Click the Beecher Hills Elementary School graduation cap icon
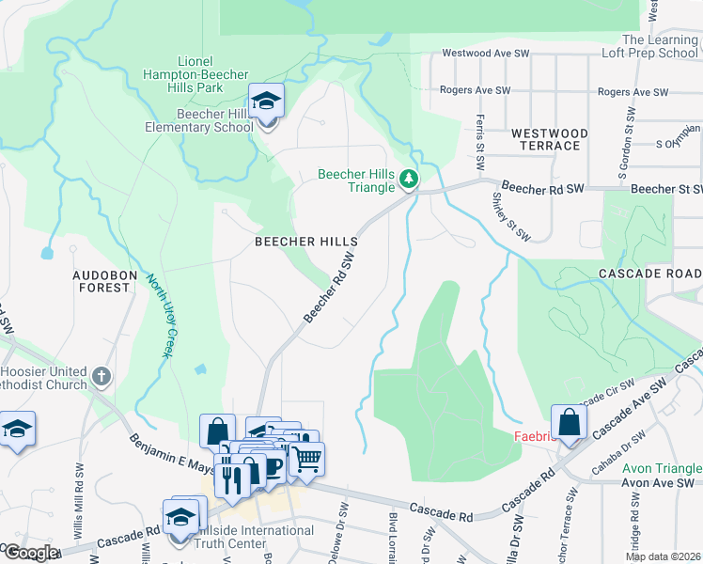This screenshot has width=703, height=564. coord(267,102)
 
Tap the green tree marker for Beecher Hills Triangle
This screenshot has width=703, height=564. coord(408,178)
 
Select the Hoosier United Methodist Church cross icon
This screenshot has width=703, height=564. coord(102,377)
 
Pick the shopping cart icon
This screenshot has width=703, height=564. coord(306,460)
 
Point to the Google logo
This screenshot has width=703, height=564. coord(30,553)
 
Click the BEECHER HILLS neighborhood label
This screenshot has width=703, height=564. coord(306,242)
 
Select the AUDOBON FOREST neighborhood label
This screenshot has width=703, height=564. coord(115,280)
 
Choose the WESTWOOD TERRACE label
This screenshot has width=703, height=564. coord(550,140)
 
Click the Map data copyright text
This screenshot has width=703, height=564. coord(663,556)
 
